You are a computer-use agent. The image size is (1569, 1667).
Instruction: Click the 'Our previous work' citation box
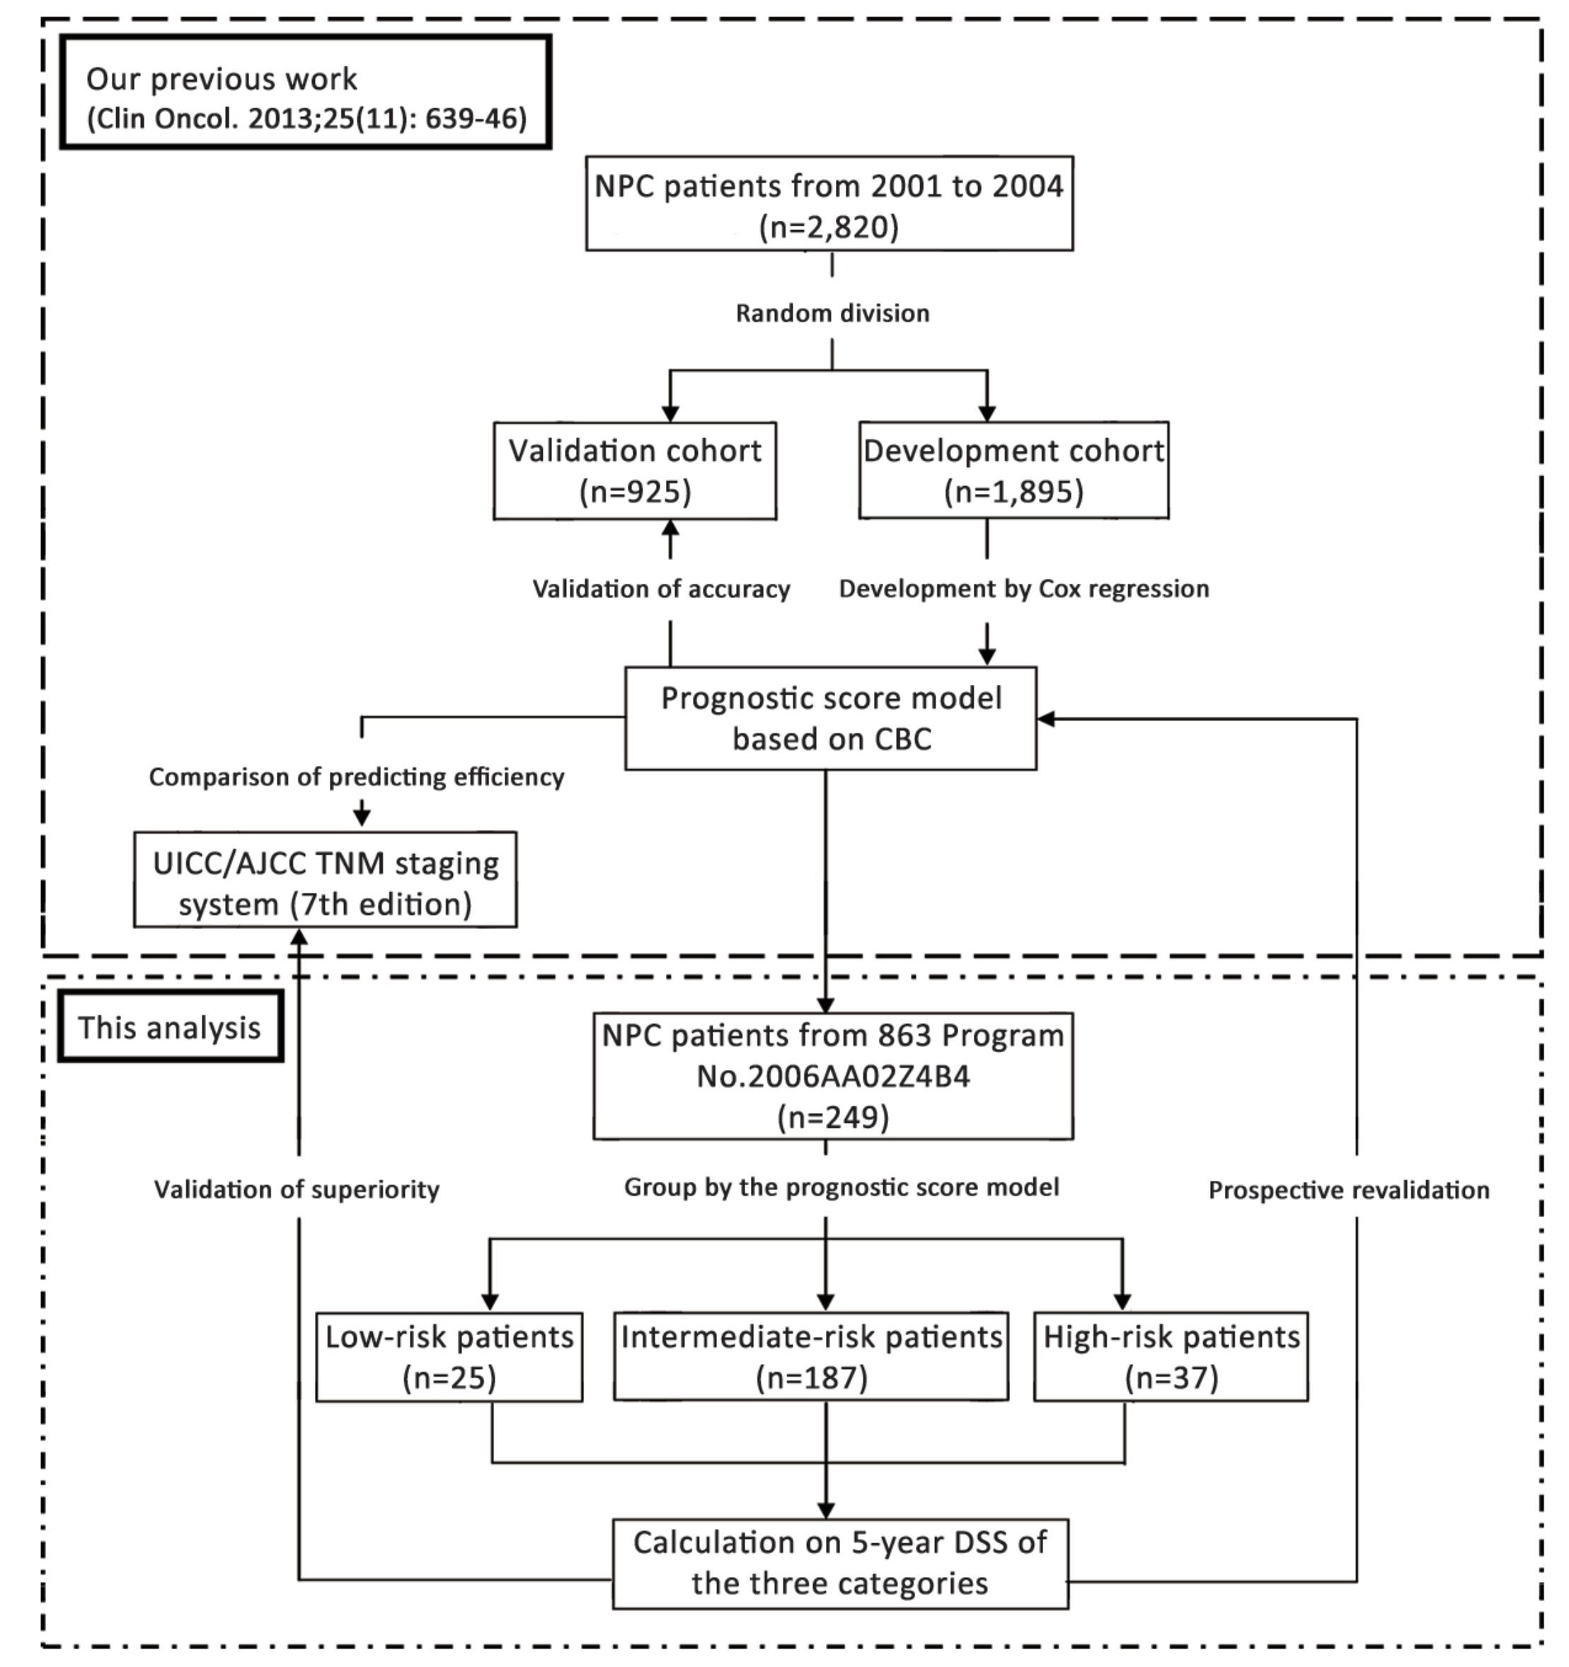(x=305, y=92)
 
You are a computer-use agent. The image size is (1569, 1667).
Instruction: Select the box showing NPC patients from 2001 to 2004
(x=829, y=203)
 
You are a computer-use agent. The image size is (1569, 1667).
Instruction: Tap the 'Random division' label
(x=833, y=313)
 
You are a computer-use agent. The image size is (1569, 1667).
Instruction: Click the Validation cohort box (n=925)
(x=635, y=471)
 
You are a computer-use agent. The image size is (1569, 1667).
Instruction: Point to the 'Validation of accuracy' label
(x=662, y=589)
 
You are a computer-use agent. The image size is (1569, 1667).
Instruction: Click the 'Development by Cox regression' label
(x=1024, y=589)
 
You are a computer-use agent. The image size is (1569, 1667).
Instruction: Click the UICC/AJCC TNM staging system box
(x=326, y=879)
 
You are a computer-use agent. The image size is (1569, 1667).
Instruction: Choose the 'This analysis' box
(x=171, y=1027)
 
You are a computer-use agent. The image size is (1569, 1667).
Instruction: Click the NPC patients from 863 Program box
(x=834, y=1075)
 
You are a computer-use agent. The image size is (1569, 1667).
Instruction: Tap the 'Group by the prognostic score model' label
(x=842, y=1187)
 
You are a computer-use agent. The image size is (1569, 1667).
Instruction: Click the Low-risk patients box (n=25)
(x=449, y=1357)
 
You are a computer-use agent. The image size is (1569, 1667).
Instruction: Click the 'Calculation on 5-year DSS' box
(x=840, y=1563)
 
